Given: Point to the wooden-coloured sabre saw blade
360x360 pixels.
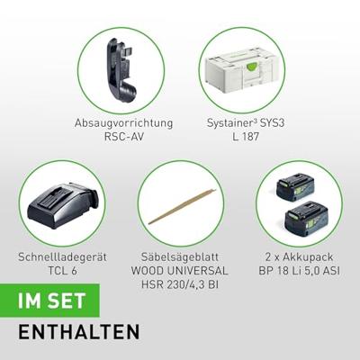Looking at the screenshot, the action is (182, 207).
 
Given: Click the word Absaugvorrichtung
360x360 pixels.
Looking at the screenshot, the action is (123, 123).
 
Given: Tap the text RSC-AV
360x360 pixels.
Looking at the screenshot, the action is (123, 137).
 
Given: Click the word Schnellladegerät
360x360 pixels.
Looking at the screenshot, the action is (62, 257).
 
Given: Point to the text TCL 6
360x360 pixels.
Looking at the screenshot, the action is (62, 271).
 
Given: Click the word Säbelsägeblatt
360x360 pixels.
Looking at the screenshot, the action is (180, 257).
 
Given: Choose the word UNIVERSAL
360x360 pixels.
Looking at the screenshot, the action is (196, 271).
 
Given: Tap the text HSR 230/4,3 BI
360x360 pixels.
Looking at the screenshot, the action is (180, 284).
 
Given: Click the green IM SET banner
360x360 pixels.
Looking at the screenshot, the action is (49, 301).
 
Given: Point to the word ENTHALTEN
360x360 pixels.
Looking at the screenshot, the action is (79, 331).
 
